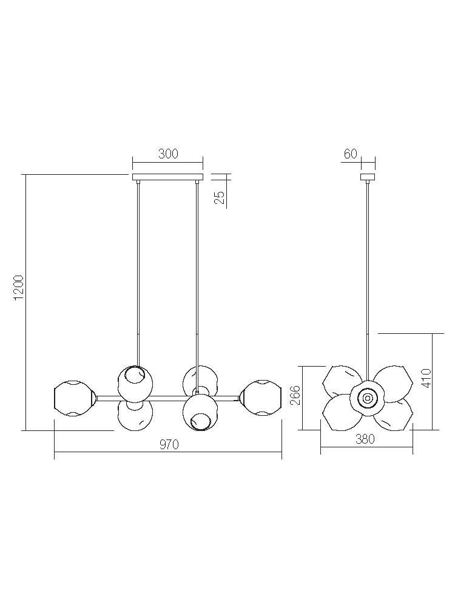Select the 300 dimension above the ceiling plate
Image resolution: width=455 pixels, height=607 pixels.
click(168, 154)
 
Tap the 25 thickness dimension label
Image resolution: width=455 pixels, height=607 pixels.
click(219, 198)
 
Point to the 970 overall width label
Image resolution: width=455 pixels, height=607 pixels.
click(169, 445)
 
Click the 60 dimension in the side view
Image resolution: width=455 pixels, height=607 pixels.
click(350, 154)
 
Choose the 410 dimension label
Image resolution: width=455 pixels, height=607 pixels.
click(425, 378)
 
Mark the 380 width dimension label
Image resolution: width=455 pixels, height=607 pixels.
click(365, 439)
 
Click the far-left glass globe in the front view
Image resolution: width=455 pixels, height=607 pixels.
click(74, 398)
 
